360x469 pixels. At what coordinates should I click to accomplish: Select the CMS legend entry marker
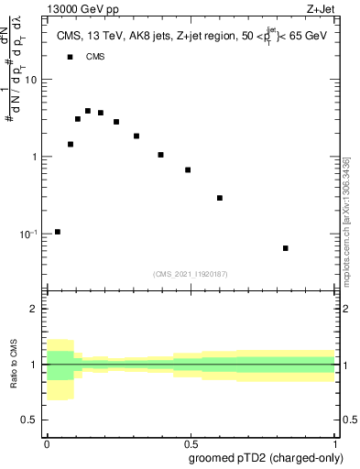tap(71, 57)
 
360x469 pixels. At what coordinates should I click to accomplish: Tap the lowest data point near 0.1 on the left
tap(58, 232)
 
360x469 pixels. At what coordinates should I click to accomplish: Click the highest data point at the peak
tap(88, 111)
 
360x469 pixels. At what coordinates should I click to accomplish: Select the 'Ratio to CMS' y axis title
tap(14, 364)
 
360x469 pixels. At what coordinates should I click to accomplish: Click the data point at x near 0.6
tap(220, 198)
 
